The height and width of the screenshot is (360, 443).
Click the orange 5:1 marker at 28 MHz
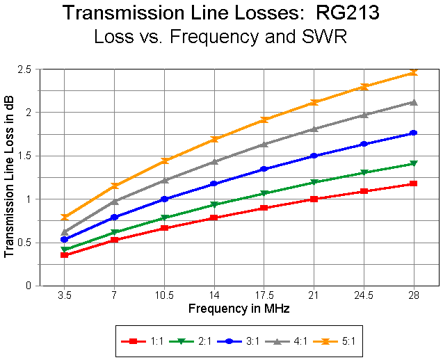click(413, 72)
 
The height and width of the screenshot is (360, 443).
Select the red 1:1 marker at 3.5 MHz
click(65, 255)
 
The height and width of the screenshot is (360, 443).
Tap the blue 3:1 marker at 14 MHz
click(214, 183)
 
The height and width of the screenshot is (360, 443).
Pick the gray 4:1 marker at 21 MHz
click(314, 129)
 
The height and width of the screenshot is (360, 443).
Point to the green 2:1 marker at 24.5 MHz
click(364, 172)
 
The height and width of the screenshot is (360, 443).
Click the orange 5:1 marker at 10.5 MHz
click(165, 161)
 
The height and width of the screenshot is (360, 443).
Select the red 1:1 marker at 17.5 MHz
click(264, 208)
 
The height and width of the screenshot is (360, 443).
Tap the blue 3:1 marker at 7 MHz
click(115, 217)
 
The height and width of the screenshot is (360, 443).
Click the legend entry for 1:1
click(139, 341)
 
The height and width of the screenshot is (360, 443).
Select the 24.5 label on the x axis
click(364, 294)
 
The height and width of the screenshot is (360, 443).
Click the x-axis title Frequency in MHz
click(239, 307)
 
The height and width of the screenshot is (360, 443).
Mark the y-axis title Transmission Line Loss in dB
click(9, 177)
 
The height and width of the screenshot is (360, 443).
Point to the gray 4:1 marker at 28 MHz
click(413, 102)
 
